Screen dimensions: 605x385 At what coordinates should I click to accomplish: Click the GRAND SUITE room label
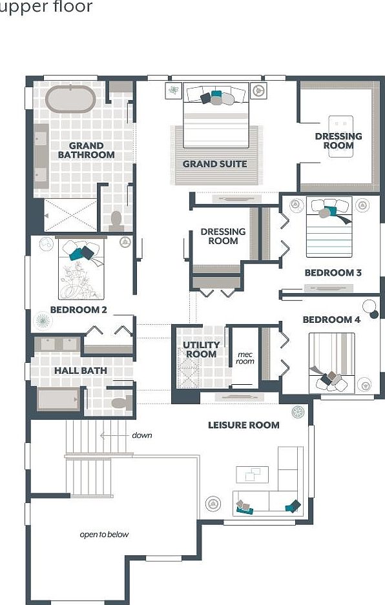pyautogui.click(x=214, y=164)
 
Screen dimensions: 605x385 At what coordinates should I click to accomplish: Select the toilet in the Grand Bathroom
pyautogui.click(x=116, y=220)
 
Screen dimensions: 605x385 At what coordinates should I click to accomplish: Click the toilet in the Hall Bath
pyautogui.click(x=119, y=403)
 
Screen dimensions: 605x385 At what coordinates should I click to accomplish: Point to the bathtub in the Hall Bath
pyautogui.click(x=58, y=399)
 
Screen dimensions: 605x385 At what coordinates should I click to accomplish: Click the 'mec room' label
pyautogui.click(x=245, y=358)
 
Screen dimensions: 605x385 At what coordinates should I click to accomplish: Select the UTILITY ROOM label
pyautogui.click(x=201, y=349)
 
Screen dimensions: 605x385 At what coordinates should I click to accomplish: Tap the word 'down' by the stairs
pyautogui.click(x=142, y=435)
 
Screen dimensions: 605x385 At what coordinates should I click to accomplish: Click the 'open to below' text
pyautogui.click(x=104, y=534)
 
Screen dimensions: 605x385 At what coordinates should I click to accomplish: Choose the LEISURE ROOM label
pyautogui.click(x=244, y=425)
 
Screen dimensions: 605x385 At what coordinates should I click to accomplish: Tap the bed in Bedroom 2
pyautogui.click(x=81, y=270)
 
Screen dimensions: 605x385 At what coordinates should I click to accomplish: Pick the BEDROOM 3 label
pyautogui.click(x=333, y=272)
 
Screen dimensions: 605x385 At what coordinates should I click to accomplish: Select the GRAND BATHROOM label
pyautogui.click(x=86, y=150)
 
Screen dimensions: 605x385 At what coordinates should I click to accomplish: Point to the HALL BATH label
pyautogui.click(x=80, y=371)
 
